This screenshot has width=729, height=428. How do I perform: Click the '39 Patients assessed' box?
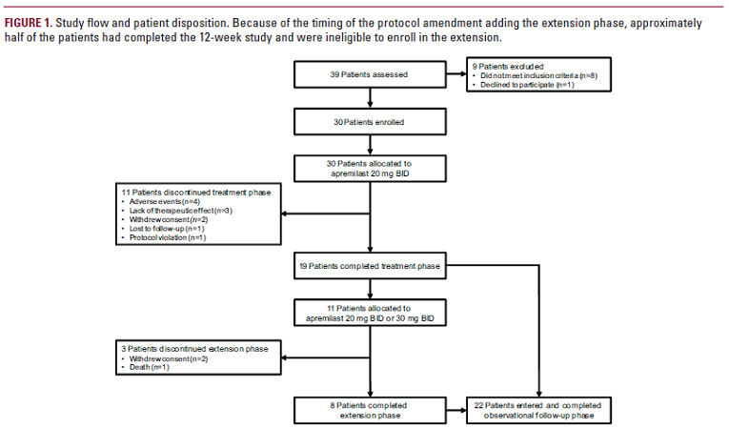point(369,74)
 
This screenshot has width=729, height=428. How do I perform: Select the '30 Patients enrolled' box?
point(369,123)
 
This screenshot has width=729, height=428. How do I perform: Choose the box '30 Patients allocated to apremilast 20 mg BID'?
point(369,169)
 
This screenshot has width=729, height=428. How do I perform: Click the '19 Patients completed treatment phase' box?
point(369,267)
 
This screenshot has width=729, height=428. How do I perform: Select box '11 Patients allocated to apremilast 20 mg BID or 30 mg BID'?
point(369,313)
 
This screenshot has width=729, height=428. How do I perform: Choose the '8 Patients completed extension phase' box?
point(369,410)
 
